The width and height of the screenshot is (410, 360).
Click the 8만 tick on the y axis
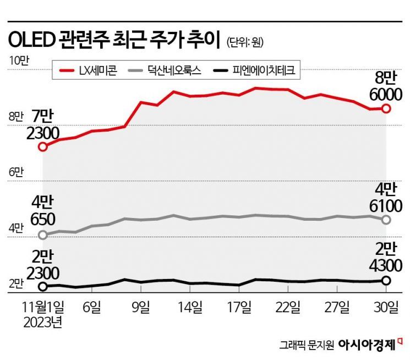[16, 116]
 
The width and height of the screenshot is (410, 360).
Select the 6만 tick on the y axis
[16, 172]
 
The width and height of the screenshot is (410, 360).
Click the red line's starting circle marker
[43, 146]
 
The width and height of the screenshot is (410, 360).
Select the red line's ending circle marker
[386, 108]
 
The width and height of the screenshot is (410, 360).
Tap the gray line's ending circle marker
[386, 220]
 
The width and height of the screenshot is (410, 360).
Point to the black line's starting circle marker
[43, 286]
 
